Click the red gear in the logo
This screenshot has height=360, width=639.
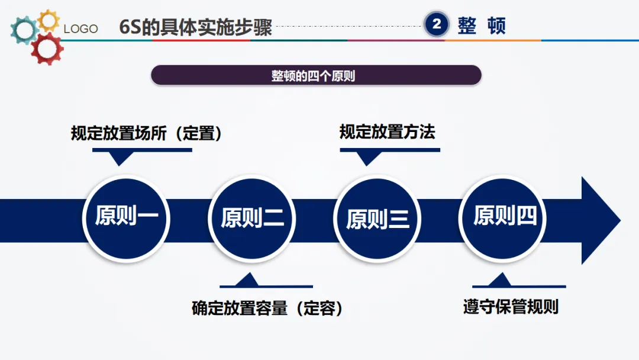[x=47, y=49]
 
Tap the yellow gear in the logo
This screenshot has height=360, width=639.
[x=48, y=21]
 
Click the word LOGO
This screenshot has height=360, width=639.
[x=80, y=29]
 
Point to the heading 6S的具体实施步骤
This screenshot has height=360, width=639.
[x=196, y=27]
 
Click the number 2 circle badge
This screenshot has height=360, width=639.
[x=437, y=24]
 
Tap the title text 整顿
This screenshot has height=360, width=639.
[x=482, y=25]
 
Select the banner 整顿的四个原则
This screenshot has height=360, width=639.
[x=316, y=76]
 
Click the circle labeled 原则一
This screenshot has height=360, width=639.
[x=127, y=217]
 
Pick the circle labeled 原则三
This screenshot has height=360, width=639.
[x=378, y=220]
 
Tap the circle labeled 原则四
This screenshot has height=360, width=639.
[x=504, y=217]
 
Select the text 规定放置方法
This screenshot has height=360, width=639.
[x=388, y=131]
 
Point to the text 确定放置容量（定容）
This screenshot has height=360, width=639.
[x=267, y=308]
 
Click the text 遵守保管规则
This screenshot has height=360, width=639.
[x=511, y=307]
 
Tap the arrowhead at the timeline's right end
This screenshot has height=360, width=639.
[x=599, y=220]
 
